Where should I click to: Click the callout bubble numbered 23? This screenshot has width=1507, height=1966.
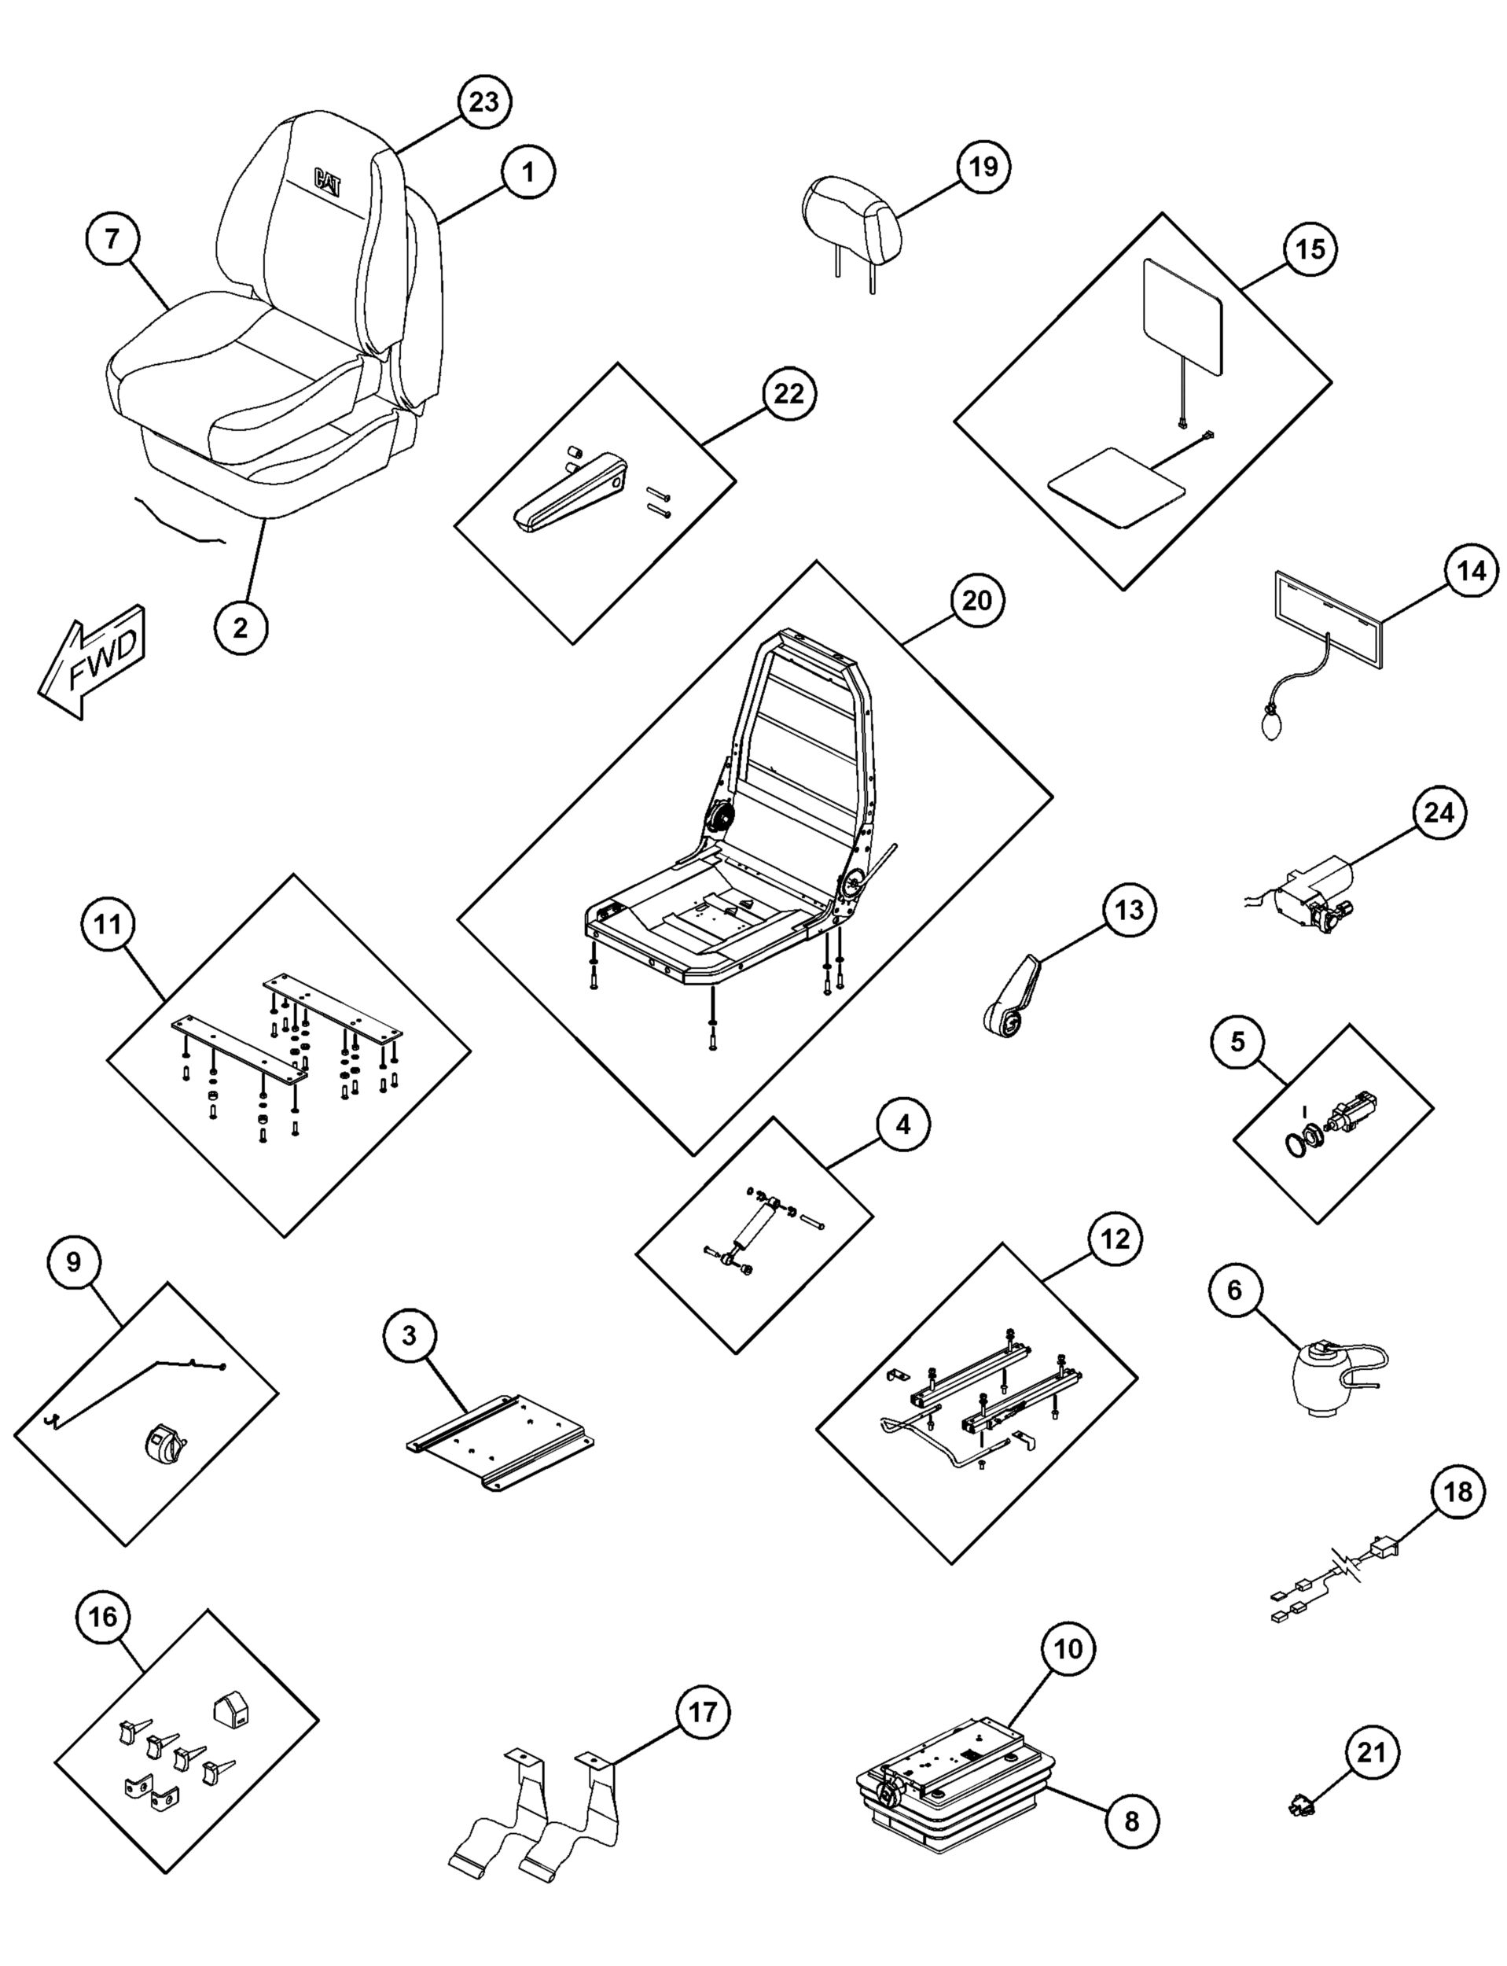[x=483, y=102]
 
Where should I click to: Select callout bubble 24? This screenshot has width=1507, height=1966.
[x=1438, y=812]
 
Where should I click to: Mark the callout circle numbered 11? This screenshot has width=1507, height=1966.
[x=108, y=924]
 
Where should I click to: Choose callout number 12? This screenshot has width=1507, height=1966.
[x=1115, y=1239]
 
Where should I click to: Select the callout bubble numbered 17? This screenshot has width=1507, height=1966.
[x=702, y=1713]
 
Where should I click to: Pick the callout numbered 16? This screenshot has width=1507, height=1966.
[x=103, y=1617]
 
